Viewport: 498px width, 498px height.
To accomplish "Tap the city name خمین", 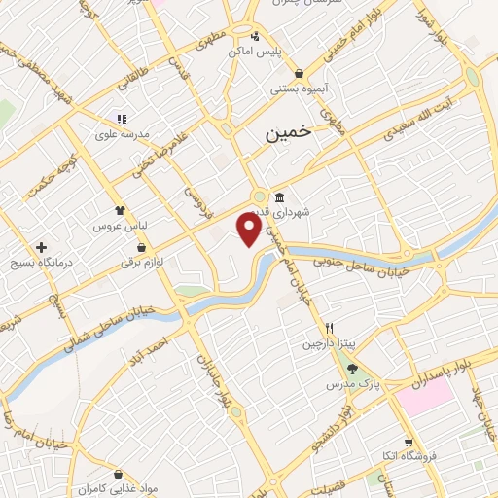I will [289, 136].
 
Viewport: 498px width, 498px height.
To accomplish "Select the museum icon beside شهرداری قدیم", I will [278, 196].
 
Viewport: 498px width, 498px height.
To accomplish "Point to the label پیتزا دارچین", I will [322, 343].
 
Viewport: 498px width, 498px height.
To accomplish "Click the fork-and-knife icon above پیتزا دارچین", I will [329, 329].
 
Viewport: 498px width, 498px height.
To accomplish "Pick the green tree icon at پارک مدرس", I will [352, 370].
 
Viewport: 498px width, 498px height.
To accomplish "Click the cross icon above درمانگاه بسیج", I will [40, 247].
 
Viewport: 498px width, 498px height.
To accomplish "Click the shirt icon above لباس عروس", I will [120, 210].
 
